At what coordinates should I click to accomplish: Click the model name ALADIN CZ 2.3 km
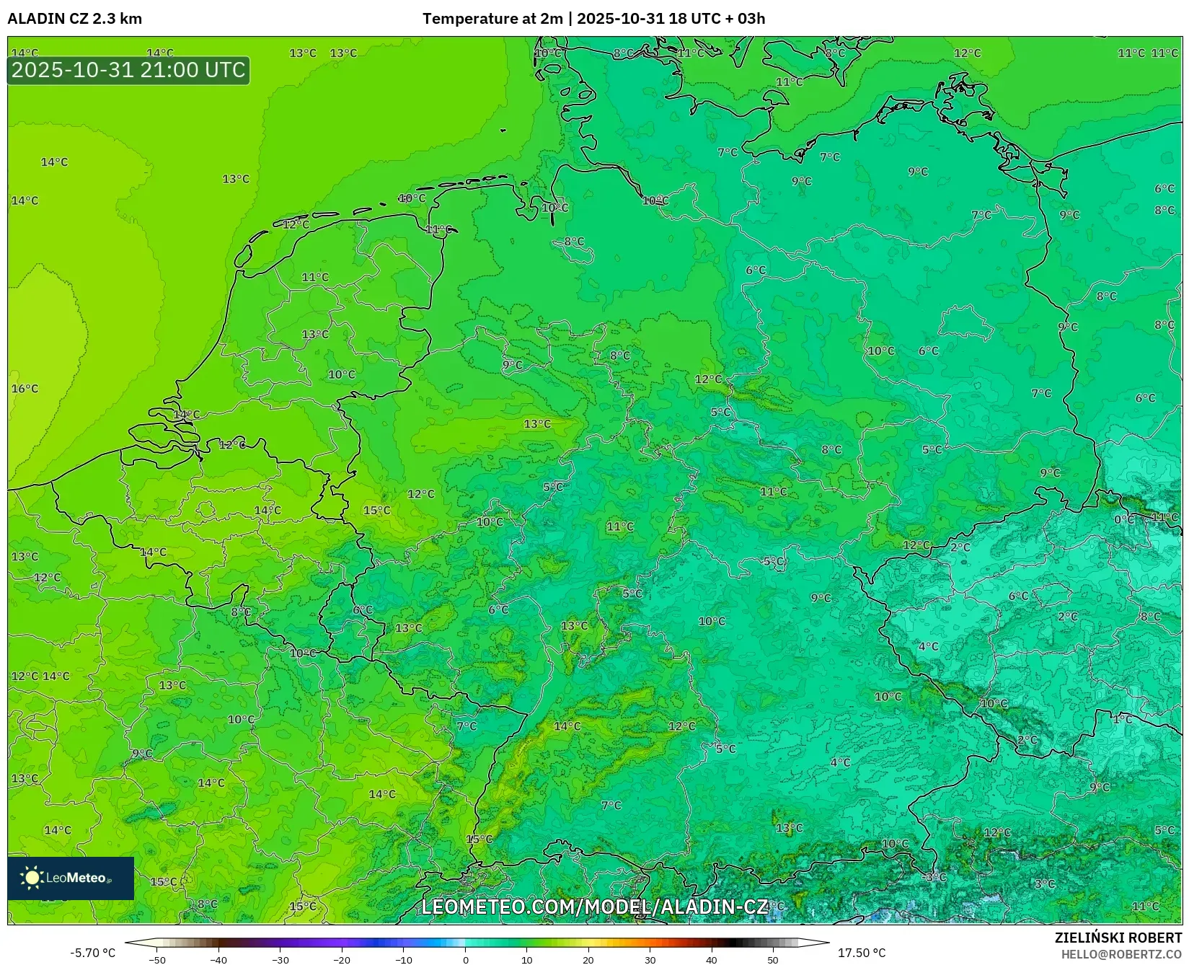75,19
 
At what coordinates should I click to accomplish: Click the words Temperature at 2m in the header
492,19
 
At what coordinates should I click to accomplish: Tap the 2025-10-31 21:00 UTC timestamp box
128,70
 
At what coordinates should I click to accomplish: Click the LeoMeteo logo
71,878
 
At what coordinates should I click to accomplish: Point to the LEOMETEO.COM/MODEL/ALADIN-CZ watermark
594,907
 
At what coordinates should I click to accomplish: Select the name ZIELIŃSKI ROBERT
1118,938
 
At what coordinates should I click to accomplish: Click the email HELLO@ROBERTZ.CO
1121,954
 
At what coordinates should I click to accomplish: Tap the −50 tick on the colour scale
156,959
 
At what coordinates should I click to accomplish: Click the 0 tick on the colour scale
465,959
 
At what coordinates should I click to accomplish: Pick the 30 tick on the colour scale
650,959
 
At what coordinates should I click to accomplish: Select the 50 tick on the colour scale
773,959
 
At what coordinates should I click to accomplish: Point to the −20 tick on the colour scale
342,959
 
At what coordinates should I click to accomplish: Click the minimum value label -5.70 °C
92,953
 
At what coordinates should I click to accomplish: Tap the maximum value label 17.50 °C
861,953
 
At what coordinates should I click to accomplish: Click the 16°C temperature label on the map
25,389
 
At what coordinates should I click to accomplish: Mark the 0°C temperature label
1124,519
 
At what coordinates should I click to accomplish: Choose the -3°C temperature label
936,877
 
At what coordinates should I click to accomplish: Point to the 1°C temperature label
1122,719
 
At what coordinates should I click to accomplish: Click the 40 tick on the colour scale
712,959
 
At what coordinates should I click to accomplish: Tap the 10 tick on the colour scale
526,959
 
